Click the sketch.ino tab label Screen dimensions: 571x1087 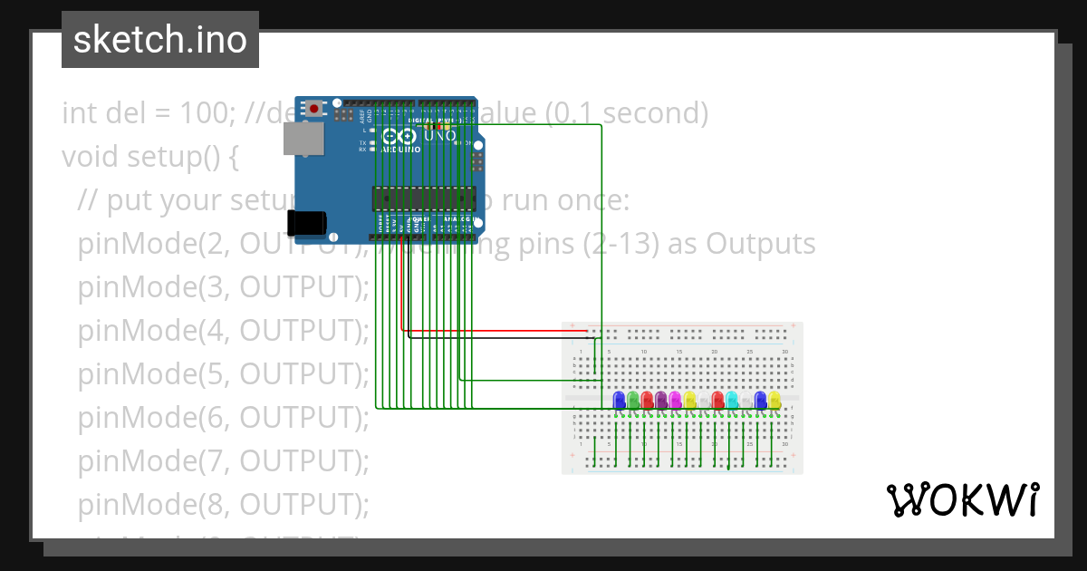pyautogui.click(x=160, y=40)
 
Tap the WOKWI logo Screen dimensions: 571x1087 pyautogui.click(x=962, y=499)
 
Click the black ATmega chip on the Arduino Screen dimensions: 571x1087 pyautogui.click(x=424, y=197)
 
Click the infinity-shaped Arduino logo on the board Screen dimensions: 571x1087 pyautogui.click(x=396, y=137)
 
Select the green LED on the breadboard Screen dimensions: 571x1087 pyautogui.click(x=633, y=400)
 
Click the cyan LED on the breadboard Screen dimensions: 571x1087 pyautogui.click(x=732, y=400)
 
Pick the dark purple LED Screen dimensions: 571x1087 pyautogui.click(x=661, y=400)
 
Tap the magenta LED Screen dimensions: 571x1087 pyautogui.click(x=676, y=400)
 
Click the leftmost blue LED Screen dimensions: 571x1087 pyautogui.click(x=619, y=400)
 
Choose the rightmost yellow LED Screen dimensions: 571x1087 pyautogui.click(x=774, y=400)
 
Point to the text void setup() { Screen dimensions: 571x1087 pyautogui.click(x=149, y=157)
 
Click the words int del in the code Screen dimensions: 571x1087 pyautogui.click(x=104, y=113)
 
